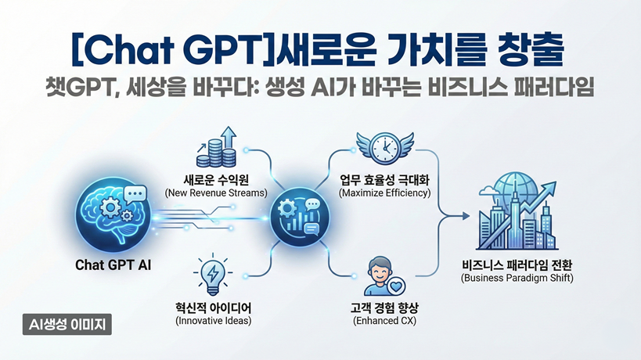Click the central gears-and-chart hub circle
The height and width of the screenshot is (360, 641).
(300, 216)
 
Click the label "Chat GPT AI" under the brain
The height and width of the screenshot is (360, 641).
(113, 265)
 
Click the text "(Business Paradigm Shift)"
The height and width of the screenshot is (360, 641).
(517, 278)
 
